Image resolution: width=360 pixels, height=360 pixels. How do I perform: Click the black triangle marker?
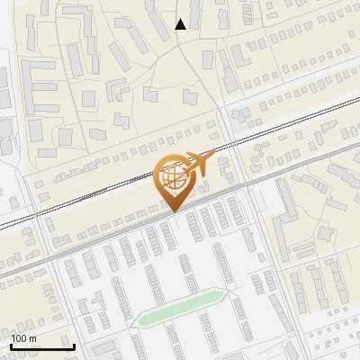(181, 24)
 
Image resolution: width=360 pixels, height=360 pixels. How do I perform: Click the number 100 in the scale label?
(21, 338)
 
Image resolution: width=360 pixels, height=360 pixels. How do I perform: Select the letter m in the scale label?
(34, 338)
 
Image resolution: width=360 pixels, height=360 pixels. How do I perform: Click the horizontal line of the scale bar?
(42, 346)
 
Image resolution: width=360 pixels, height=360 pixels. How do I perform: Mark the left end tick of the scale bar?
(12, 346)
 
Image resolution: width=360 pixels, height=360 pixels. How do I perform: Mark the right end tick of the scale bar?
(74, 346)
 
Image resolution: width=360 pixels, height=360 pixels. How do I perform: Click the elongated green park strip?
(180, 307)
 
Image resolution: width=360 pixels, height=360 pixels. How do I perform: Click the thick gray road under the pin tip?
(135, 229)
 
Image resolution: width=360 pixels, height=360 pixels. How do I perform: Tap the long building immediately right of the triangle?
(208, 60)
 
